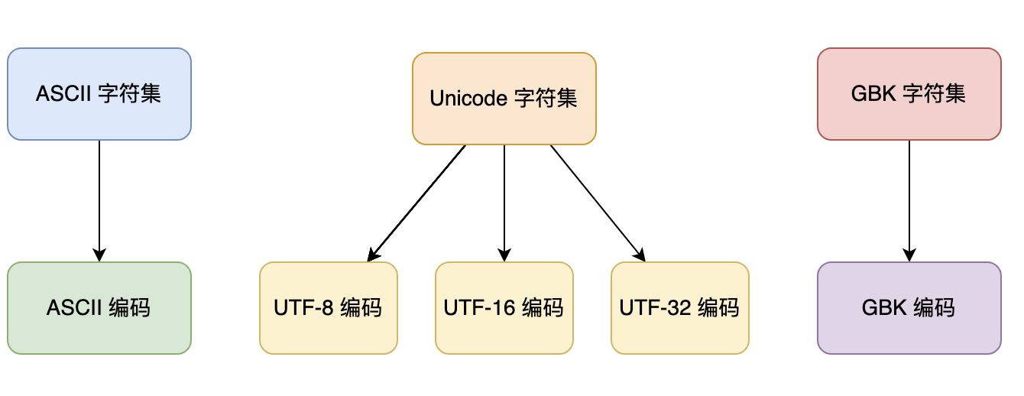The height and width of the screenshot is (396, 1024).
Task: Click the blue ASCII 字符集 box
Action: point(99,94)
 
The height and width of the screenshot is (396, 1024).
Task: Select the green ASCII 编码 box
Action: point(99,308)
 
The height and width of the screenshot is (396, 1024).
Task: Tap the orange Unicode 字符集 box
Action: point(504,99)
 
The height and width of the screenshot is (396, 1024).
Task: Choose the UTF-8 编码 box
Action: point(328,308)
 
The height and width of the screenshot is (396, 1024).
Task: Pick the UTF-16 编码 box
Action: point(504,308)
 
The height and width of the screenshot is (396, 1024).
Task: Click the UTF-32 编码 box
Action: point(679,308)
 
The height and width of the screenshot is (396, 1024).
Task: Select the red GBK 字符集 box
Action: point(909,94)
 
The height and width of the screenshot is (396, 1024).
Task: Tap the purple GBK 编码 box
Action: point(909,308)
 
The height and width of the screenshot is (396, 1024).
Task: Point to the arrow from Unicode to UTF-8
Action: point(416,203)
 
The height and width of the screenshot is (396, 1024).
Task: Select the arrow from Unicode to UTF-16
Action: point(504,203)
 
